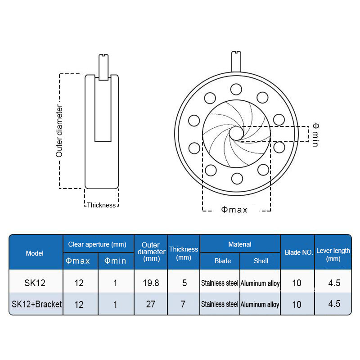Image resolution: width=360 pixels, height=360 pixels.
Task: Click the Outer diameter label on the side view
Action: click(x=59, y=131)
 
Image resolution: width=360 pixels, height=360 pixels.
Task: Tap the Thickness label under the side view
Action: click(x=101, y=205)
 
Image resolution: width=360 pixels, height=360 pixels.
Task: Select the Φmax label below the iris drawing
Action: click(x=234, y=210)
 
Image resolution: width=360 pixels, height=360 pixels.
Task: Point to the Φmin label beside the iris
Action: click(x=316, y=135)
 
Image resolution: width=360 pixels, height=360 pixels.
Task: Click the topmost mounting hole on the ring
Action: click(x=236, y=89)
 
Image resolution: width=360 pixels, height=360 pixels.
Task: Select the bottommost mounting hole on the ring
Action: click(x=237, y=178)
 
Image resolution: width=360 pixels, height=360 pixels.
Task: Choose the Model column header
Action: click(x=35, y=253)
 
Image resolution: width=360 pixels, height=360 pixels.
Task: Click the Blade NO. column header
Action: click(x=299, y=252)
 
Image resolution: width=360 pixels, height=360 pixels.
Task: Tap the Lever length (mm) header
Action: click(x=333, y=255)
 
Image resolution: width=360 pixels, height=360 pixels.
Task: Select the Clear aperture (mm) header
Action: click(x=97, y=244)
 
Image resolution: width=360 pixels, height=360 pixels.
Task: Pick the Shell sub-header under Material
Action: click(x=261, y=261)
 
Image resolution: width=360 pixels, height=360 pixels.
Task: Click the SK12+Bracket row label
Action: click(x=37, y=304)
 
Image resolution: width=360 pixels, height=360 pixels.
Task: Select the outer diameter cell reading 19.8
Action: click(x=151, y=283)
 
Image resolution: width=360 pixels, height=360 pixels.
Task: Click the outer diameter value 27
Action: click(x=151, y=304)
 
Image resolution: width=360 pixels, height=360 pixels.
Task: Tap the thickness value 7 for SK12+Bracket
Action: click(x=183, y=304)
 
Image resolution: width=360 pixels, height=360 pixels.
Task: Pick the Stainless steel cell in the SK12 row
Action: click(x=220, y=283)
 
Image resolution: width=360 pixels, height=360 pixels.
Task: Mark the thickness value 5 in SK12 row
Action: click(x=184, y=283)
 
